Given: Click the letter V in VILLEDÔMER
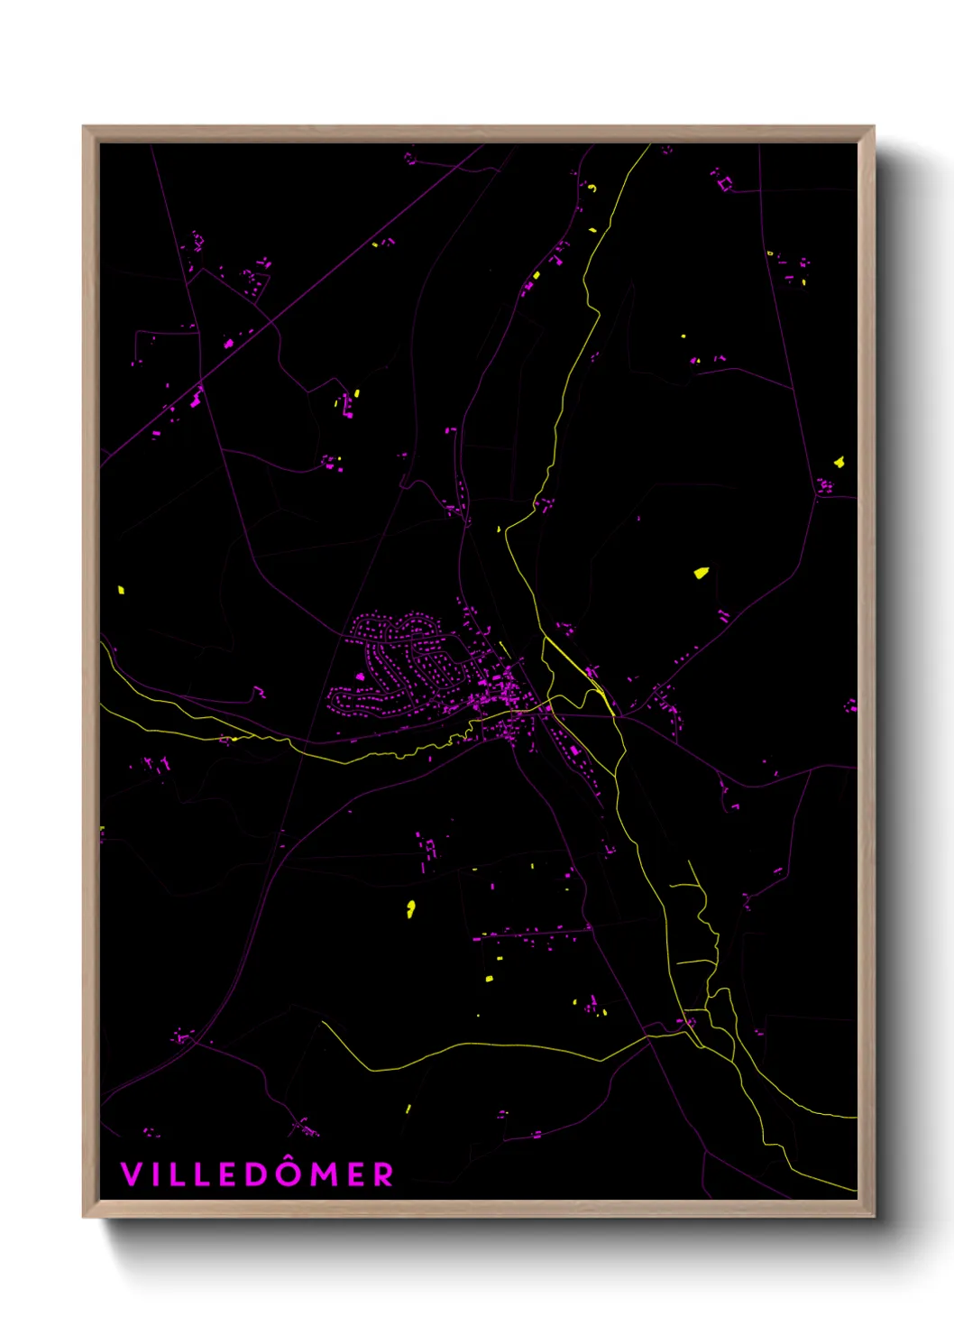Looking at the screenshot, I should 132,1174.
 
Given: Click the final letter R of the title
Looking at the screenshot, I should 384,1174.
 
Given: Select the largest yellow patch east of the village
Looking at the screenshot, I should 701,572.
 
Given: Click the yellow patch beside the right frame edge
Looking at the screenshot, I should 839,462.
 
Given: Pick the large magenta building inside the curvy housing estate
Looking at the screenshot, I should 361,676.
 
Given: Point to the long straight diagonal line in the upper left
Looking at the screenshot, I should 298,299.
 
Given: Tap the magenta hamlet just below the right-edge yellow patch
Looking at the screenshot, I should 824,487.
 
